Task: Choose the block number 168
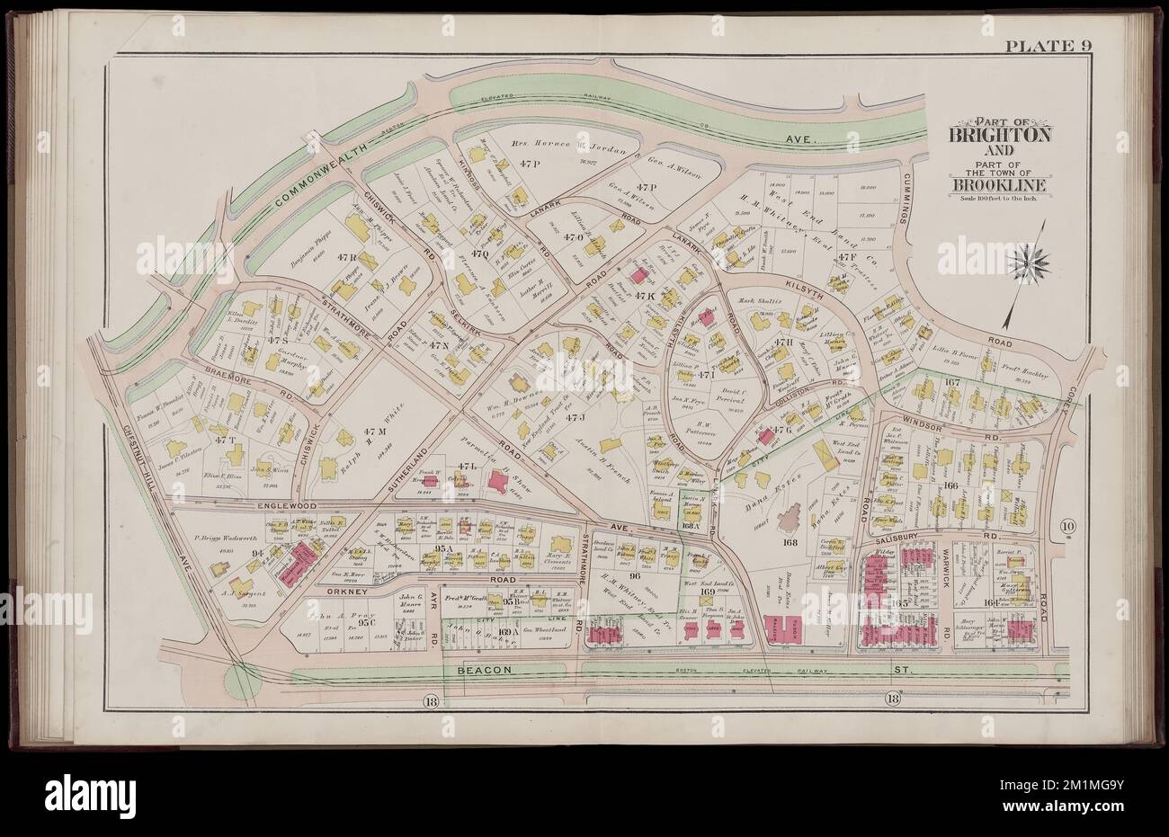(x=790, y=542)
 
